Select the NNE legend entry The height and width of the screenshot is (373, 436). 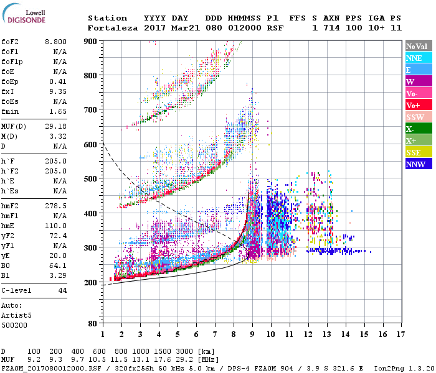click(x=419, y=58)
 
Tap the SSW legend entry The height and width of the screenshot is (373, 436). click(x=419, y=117)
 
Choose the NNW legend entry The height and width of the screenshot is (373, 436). click(x=419, y=164)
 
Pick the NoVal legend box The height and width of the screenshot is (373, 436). click(x=419, y=46)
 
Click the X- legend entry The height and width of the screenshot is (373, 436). click(x=419, y=129)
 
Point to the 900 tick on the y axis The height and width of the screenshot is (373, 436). click(x=91, y=42)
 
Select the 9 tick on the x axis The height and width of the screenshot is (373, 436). click(x=252, y=334)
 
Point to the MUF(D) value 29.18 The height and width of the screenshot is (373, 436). click(x=55, y=126)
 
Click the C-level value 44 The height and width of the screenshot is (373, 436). click(x=62, y=290)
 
